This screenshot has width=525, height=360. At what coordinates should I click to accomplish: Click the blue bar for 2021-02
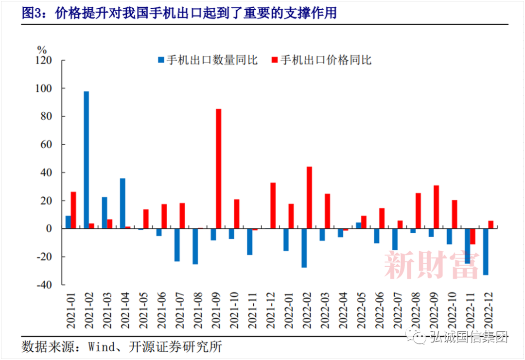[86, 160]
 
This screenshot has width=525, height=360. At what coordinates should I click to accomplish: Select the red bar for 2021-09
[219, 169]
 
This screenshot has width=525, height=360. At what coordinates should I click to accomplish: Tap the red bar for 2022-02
[309, 197]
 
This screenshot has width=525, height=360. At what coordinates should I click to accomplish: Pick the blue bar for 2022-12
[485, 252]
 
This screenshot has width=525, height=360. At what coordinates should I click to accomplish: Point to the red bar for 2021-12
[273, 206]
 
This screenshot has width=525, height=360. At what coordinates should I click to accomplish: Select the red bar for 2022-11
[472, 237]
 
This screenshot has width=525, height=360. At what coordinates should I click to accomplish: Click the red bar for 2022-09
[436, 207]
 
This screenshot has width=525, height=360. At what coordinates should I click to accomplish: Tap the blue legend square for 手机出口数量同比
[161, 60]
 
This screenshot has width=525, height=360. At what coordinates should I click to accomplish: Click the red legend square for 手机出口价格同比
[275, 60]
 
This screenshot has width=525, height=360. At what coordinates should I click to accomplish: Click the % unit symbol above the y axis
[42, 49]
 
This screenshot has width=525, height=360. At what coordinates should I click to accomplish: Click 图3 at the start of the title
[32, 13]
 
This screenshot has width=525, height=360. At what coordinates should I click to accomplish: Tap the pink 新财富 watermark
[432, 265]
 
